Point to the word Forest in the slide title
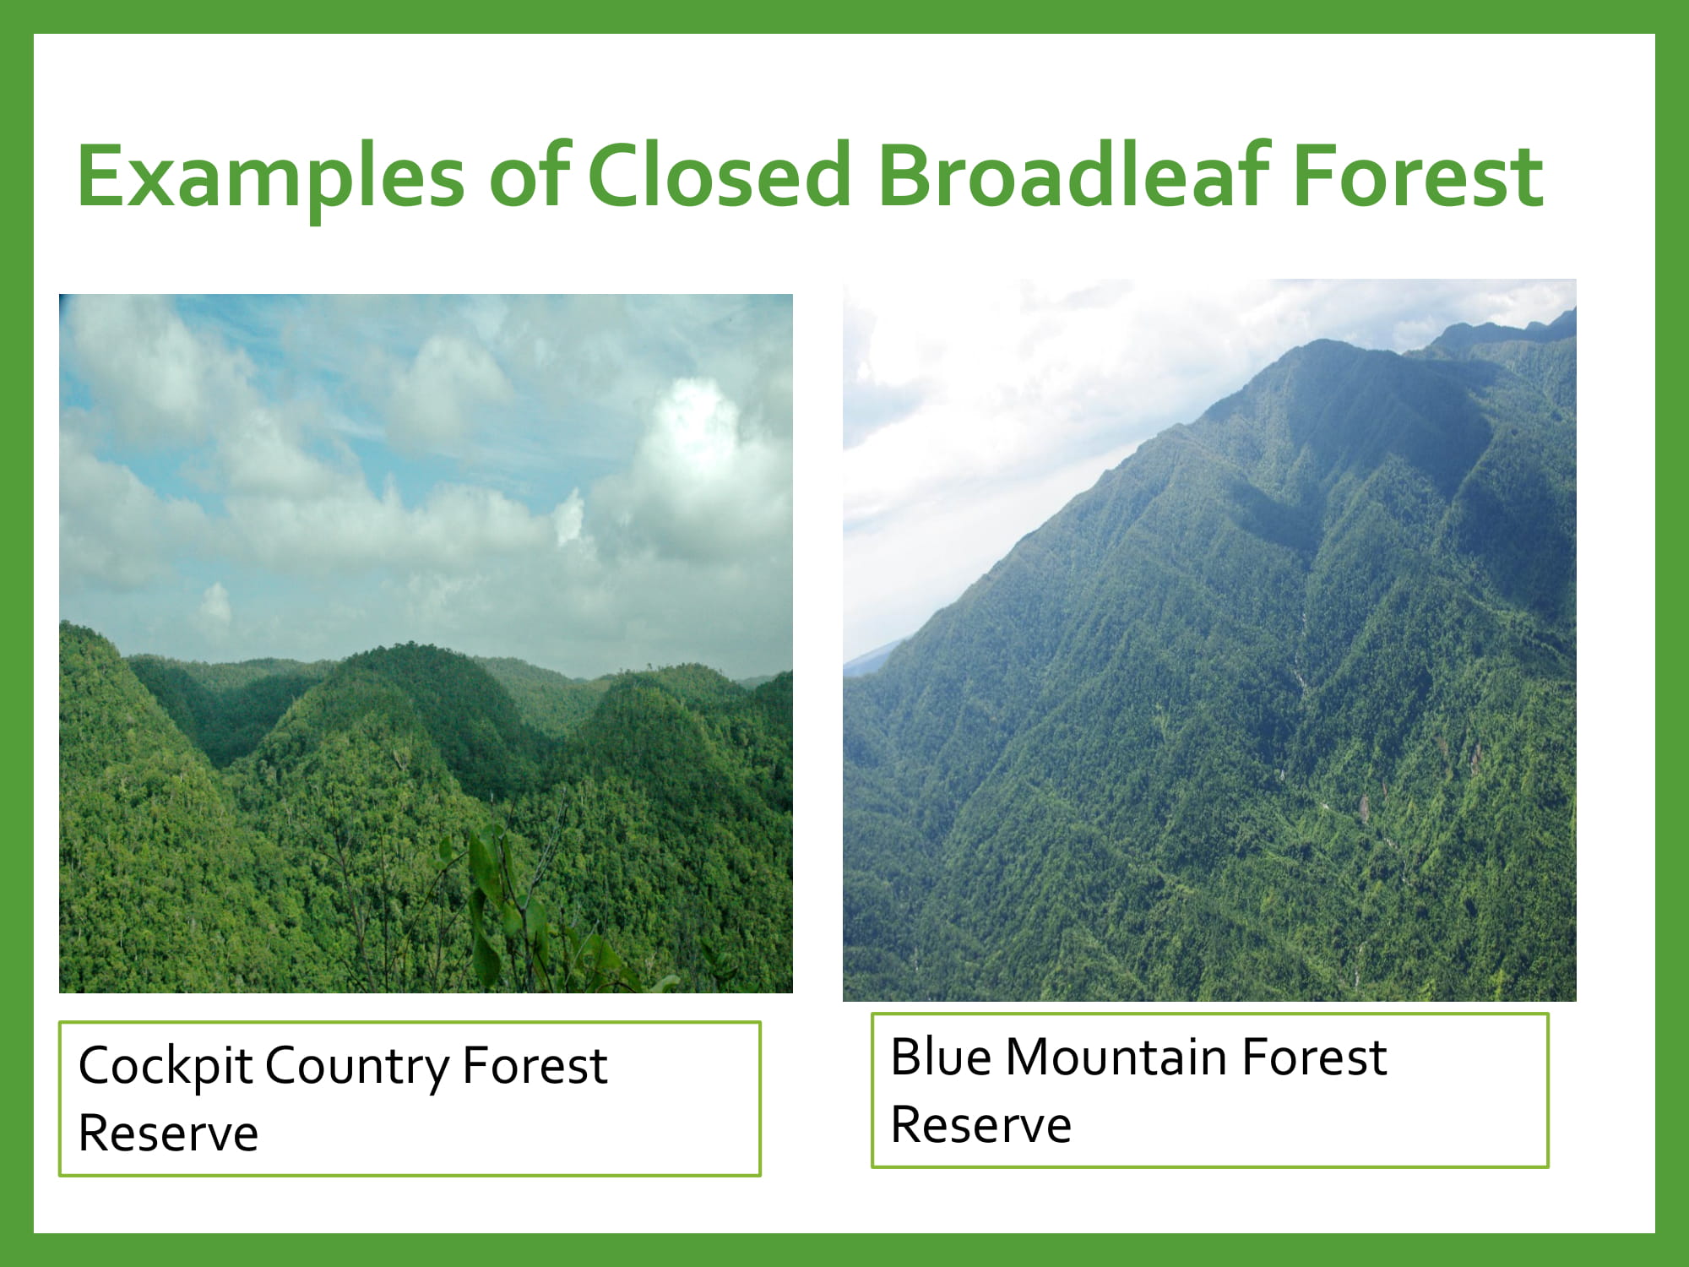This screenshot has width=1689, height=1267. tap(1419, 176)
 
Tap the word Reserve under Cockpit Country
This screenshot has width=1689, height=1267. tap(168, 1134)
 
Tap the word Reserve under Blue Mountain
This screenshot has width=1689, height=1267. tap(981, 1125)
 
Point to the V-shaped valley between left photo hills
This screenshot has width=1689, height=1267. tap(224, 743)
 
